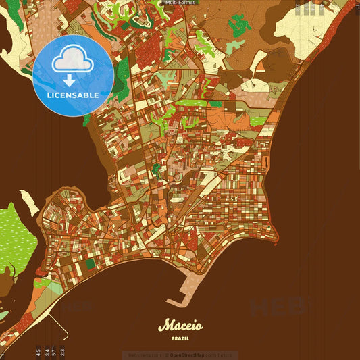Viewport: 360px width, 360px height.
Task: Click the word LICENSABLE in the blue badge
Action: [x=73, y=95]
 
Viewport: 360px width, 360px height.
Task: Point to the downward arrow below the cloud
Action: [x=72, y=81]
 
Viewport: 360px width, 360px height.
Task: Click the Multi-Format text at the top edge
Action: [x=180, y=3]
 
